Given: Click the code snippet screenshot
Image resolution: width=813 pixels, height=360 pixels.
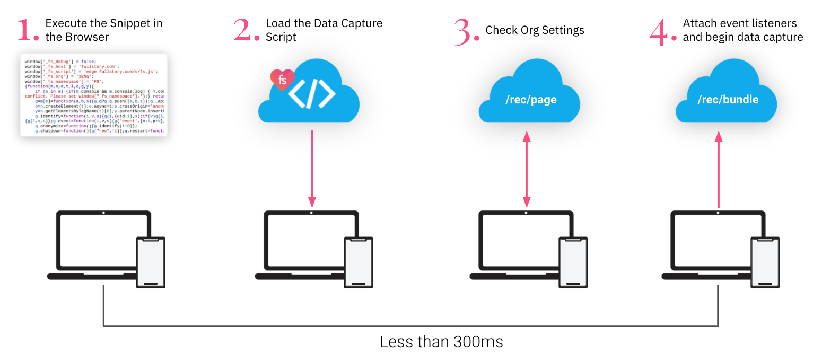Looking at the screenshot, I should pos(94,95).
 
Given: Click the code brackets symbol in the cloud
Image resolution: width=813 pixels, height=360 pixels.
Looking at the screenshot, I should pos(312,94).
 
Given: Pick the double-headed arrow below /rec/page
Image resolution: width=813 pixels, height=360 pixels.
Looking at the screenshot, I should pos(527,170).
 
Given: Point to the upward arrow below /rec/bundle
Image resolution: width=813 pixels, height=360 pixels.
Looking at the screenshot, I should pos(719,170).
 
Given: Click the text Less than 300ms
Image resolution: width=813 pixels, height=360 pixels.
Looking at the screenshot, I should pos(441,342).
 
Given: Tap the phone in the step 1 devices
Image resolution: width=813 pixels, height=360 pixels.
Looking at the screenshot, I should pos(151,262).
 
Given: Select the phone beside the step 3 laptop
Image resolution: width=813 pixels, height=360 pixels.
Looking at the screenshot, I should pos(574,262).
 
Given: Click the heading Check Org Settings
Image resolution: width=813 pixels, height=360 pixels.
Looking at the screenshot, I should pos(535,30).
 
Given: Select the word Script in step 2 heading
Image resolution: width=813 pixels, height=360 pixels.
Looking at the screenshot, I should pos(281,37).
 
